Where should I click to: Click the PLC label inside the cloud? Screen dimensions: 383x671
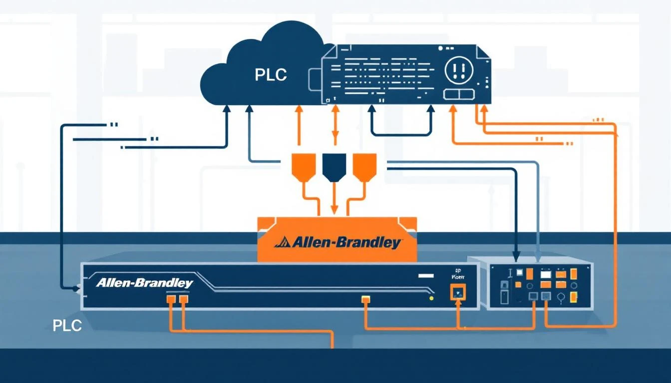271,75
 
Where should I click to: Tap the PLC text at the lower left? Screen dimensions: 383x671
67,326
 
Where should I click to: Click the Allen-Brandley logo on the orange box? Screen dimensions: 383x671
337,243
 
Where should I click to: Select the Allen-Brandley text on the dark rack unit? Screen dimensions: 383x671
144,283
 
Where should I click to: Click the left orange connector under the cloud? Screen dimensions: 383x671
303,167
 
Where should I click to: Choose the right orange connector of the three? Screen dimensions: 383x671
364,167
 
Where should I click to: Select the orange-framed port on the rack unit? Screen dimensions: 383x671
458,292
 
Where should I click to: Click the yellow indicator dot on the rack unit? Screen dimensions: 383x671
431,298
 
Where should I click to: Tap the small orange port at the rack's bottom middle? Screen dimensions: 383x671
365,299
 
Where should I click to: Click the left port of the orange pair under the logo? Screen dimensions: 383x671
170,299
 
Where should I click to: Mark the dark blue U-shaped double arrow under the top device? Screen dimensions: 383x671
401,122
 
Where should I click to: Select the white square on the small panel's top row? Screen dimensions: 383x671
520,273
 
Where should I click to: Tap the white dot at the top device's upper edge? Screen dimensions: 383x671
440,49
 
